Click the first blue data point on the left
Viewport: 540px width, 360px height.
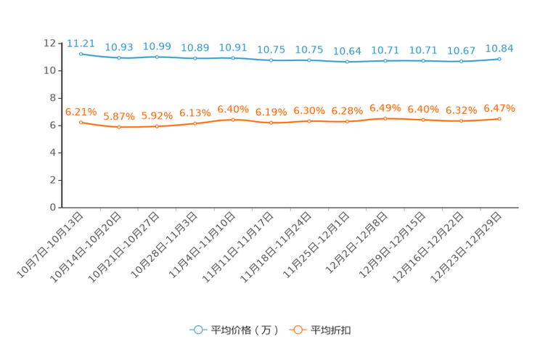click(81, 54)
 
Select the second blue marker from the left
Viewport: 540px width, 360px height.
click(118, 58)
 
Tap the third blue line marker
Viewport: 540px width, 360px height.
click(157, 57)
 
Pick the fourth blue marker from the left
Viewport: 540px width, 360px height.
click(195, 58)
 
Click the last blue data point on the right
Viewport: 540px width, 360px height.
click(499, 58)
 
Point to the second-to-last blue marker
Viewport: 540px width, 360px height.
click(461, 62)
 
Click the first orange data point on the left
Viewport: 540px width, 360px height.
click(81, 122)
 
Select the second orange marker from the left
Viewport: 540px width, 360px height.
click(118, 128)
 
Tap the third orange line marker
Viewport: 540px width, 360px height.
click(157, 126)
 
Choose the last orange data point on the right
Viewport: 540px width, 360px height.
click(499, 118)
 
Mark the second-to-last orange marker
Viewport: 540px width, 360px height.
click(461, 121)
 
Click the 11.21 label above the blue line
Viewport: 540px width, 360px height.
click(81, 43)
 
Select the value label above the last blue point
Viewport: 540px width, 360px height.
click(499, 48)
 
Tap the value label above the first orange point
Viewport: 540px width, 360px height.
click(81, 111)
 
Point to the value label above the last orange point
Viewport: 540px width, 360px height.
click(499, 108)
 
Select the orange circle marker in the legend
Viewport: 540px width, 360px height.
click(297, 330)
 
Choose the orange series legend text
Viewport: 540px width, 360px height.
click(332, 330)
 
